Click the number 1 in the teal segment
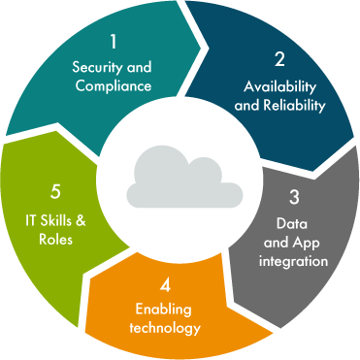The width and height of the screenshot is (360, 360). coord(113,42)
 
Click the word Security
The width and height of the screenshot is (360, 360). coord(98,67)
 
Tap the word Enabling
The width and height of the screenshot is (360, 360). coord(163,311)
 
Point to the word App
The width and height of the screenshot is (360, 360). coord(312,244)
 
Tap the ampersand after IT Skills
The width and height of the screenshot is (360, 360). coord(82,220)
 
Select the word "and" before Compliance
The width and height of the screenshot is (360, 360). coord(82,85)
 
